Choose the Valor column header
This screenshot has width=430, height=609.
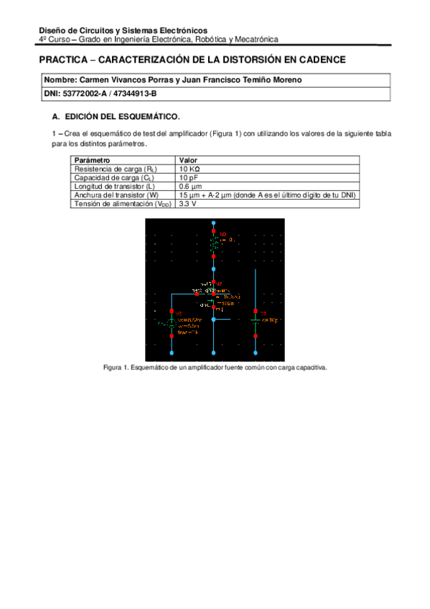189,160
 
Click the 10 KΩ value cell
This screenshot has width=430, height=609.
190,169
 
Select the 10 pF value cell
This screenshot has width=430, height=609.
189,177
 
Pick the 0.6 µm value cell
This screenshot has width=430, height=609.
190,186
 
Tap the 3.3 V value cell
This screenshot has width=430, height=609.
188,204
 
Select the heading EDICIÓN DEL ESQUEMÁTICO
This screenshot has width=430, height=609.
122,116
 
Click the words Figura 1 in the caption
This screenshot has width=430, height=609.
114,368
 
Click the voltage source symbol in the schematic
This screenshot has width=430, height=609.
172,324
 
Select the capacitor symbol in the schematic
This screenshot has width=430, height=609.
256,320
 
